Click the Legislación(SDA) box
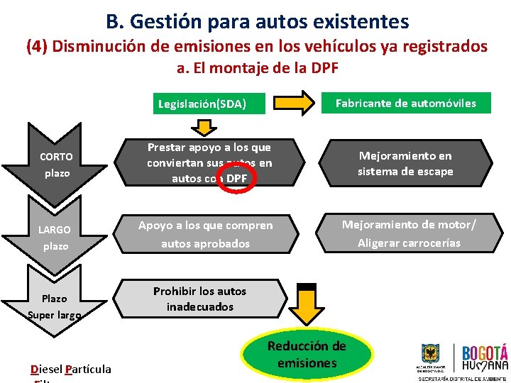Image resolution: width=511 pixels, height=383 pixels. pyautogui.click(x=202, y=104)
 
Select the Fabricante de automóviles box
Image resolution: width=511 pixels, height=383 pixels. pyautogui.click(x=406, y=103)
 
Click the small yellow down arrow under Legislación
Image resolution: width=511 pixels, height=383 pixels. pyautogui.click(x=202, y=127)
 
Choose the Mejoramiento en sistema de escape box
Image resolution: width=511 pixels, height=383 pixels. pyautogui.click(x=405, y=163)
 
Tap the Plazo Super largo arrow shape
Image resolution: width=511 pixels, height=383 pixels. pyautogui.click(x=55, y=301)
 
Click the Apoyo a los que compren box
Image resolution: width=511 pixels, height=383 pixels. pyautogui.click(x=205, y=234)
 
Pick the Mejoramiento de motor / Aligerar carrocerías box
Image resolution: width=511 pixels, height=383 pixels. pyautogui.click(x=408, y=233)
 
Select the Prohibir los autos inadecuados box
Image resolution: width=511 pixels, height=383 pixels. pyautogui.click(x=200, y=299)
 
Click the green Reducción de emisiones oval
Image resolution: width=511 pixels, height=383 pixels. pyautogui.click(x=307, y=353)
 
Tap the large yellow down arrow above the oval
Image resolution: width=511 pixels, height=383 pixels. pyautogui.click(x=307, y=304)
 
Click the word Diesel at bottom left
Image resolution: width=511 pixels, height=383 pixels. pyautogui.click(x=46, y=369)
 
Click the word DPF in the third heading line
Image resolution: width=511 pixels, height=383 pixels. pyautogui.click(x=324, y=69)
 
